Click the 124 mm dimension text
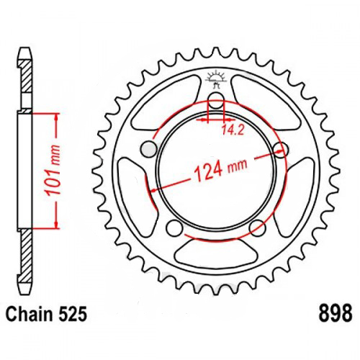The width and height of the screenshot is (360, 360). (220, 169)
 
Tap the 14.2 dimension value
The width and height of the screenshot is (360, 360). (233, 130)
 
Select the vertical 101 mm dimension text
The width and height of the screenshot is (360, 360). (53, 170)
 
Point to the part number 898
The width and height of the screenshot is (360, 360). (336, 313)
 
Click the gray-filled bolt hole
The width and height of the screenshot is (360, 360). (149, 150)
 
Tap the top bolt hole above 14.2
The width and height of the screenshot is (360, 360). (216, 101)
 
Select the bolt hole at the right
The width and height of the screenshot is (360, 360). (281, 148)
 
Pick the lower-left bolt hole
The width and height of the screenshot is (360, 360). (174, 227)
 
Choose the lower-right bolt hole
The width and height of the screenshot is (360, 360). (258, 228)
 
